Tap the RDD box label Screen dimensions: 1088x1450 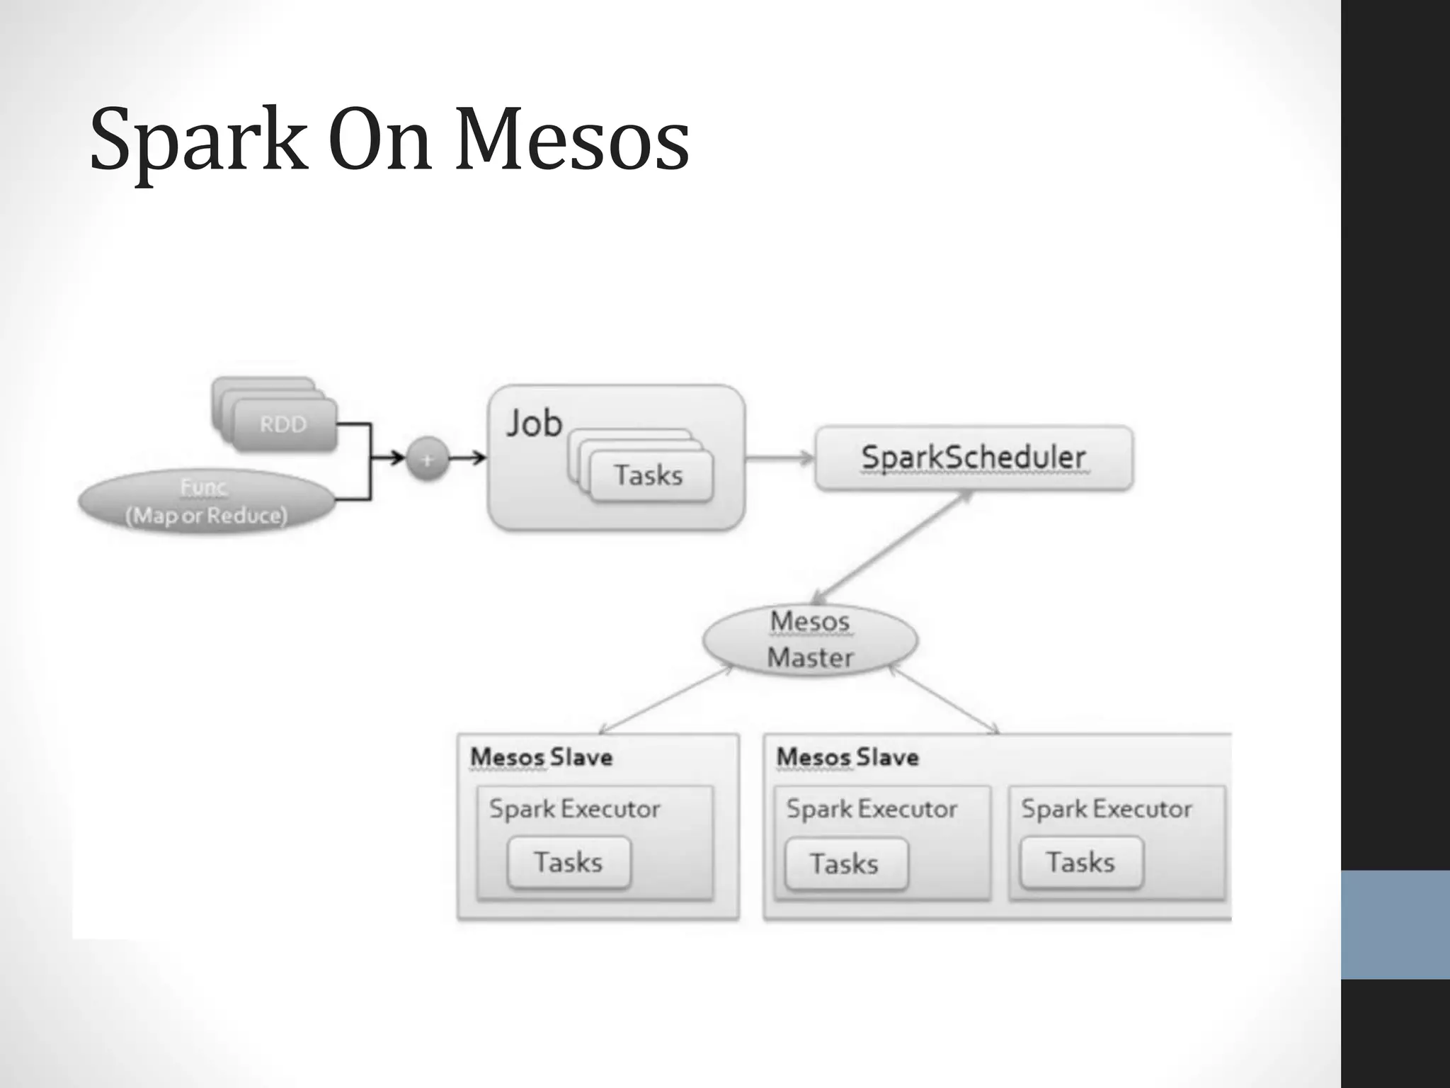tap(283, 424)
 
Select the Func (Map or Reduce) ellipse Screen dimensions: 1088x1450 tap(206, 501)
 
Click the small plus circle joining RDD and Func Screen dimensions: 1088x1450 tap(427, 459)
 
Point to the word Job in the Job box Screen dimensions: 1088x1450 tap(534, 424)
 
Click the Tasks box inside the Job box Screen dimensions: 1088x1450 tap(649, 475)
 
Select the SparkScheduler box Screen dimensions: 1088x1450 tap(974, 458)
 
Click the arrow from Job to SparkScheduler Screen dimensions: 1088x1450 tap(780, 458)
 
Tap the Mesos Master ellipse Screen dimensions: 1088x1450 tap(810, 640)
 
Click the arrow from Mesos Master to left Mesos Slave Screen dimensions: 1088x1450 tap(666, 700)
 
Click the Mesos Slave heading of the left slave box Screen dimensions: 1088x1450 tap(542, 757)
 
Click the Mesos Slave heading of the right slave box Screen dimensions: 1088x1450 tap(847, 757)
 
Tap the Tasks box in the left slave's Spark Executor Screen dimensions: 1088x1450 tap(569, 863)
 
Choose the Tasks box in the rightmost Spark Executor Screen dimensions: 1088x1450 tap(1080, 863)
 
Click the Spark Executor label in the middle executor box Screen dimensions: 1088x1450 tap(872, 809)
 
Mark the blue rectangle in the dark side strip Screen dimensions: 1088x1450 tap(1395, 924)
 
